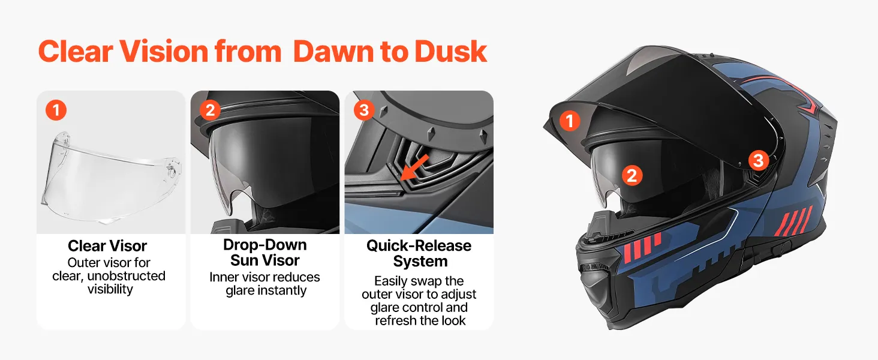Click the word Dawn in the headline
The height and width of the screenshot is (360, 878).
coord(333,52)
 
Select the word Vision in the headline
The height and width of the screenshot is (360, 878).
coord(164,52)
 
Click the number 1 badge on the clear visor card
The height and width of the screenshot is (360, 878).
coord(56,110)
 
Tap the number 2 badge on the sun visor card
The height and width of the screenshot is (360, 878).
coord(210,110)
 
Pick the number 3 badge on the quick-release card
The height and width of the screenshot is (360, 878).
coord(364,110)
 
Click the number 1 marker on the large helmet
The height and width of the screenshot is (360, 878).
coord(570,121)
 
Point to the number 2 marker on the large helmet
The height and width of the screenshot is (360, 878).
coord(632,175)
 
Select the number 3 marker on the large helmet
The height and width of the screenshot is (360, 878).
coord(759,160)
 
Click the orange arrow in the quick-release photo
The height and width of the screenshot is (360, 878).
coord(414,167)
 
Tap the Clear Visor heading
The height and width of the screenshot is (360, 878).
coord(107,246)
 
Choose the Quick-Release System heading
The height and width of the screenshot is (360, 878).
coord(419,253)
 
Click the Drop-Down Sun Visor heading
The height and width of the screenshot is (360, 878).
coord(265,252)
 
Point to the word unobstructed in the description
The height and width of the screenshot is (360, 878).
coord(126,275)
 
